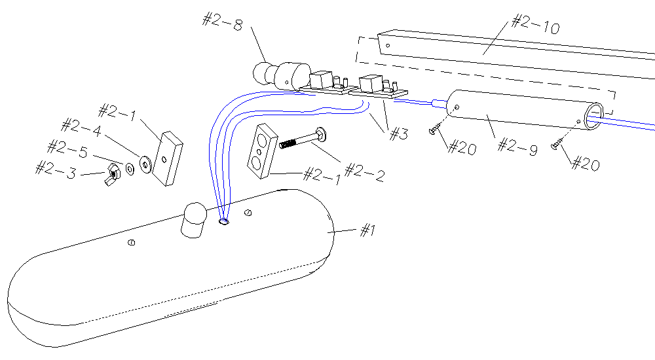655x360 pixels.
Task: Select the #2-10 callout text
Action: click(x=535, y=27)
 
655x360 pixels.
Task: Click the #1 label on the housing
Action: click(x=368, y=230)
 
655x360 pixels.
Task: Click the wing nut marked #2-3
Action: click(x=112, y=173)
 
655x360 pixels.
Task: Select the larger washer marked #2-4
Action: click(x=145, y=162)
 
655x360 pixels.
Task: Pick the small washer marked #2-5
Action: click(x=130, y=168)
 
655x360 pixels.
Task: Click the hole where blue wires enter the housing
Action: click(x=224, y=221)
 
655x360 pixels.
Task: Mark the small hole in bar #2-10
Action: click(x=388, y=46)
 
